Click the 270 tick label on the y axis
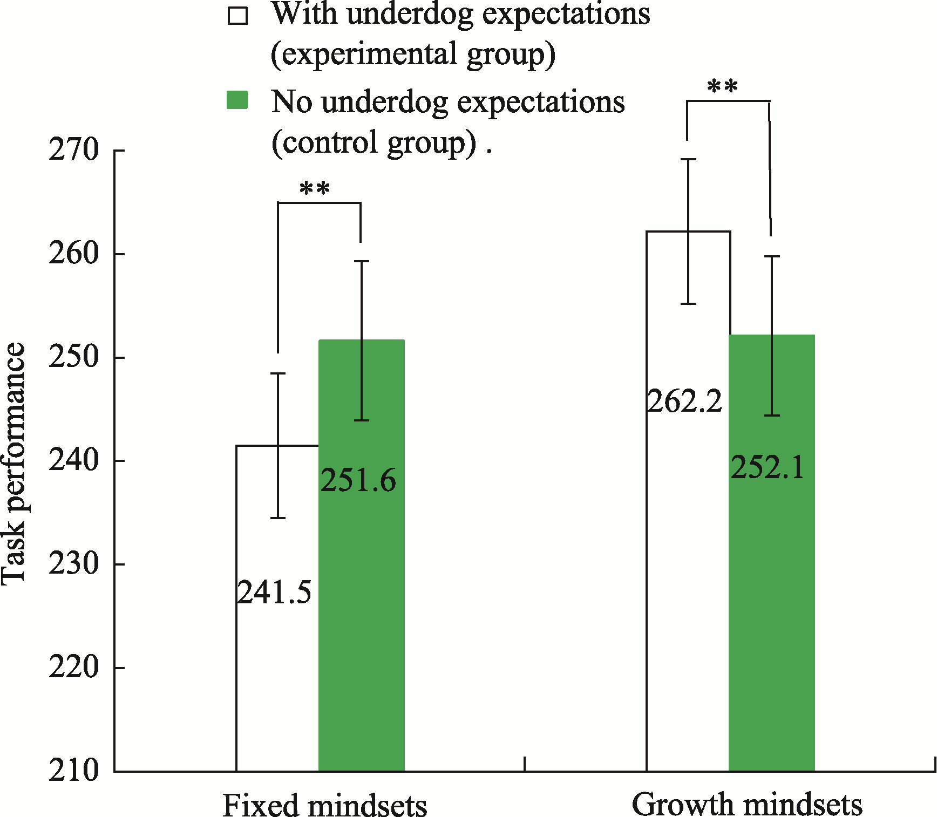(x=74, y=150)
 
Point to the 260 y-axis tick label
(x=74, y=254)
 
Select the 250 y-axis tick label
(x=74, y=357)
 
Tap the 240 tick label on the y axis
(x=74, y=461)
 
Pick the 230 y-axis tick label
(x=74, y=564)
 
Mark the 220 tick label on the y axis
(x=74, y=668)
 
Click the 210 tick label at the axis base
(x=74, y=771)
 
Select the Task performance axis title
(x=13, y=464)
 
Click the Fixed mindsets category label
(x=325, y=806)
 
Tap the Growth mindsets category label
(x=747, y=805)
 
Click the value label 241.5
(x=274, y=593)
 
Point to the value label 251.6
(x=358, y=480)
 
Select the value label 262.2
(x=684, y=401)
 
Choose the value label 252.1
(x=768, y=467)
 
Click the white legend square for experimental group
(x=237, y=16)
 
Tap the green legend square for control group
(x=237, y=100)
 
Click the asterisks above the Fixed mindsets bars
(x=315, y=189)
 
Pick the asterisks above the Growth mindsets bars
(x=722, y=86)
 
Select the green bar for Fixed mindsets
(x=362, y=621)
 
